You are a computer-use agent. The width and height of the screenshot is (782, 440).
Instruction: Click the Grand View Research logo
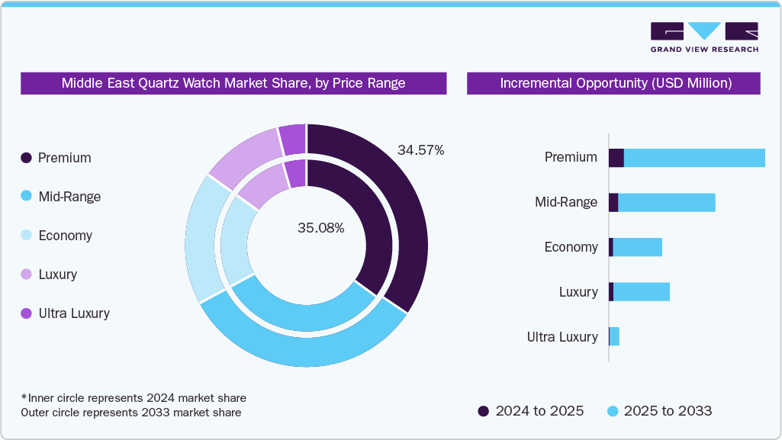[x=703, y=37]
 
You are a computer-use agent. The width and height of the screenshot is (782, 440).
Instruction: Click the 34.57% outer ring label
[x=420, y=150]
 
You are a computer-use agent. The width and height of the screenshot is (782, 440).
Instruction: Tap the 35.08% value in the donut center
[x=320, y=228]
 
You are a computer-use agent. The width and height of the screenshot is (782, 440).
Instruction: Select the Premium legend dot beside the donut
[x=26, y=158]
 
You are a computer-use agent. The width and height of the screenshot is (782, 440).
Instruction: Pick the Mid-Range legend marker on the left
[x=26, y=197]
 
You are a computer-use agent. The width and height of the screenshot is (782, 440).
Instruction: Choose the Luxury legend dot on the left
[x=26, y=275]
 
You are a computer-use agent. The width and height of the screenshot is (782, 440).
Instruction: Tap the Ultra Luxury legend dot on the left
[x=26, y=313]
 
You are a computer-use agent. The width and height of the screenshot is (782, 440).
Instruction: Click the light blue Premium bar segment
[x=694, y=158]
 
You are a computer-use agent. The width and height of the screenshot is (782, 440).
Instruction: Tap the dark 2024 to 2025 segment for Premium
[x=616, y=158]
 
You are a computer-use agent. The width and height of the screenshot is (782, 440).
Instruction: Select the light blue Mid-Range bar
[x=666, y=203]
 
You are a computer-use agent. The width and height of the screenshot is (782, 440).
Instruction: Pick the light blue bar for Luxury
[x=641, y=292]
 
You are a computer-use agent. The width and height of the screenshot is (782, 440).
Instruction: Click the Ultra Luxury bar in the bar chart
[x=613, y=336]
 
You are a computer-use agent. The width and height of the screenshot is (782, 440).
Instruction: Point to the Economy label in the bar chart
[x=571, y=247]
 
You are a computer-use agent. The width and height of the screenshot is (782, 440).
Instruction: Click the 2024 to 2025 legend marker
[x=483, y=411]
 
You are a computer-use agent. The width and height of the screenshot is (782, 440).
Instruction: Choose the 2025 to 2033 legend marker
[x=612, y=411]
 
